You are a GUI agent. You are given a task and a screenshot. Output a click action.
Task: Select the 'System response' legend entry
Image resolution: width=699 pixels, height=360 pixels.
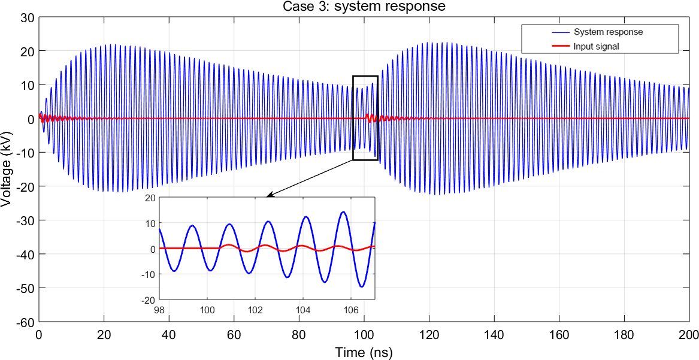[x=607, y=32]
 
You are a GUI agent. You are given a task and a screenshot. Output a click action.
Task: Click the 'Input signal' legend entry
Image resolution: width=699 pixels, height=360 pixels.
[x=595, y=46]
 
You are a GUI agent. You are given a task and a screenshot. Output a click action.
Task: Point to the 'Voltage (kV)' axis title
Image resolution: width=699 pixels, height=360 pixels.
[x=7, y=170]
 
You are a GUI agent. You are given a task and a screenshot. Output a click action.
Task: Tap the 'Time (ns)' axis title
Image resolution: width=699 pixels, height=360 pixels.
[x=364, y=352]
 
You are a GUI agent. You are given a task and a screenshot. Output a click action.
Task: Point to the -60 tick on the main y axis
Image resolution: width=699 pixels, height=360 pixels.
[x=25, y=322]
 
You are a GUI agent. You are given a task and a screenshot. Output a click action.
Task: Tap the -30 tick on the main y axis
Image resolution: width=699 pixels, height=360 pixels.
[x=25, y=221]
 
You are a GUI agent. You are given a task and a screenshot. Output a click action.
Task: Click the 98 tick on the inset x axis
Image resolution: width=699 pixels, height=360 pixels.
[x=159, y=310]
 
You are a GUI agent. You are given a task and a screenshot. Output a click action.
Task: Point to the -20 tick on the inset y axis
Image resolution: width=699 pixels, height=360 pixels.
[x=149, y=300]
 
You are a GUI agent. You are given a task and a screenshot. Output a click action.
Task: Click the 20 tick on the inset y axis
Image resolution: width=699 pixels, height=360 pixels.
[x=150, y=198]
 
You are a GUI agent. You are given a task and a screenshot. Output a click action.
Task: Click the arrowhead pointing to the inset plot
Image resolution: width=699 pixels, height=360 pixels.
[x=269, y=195]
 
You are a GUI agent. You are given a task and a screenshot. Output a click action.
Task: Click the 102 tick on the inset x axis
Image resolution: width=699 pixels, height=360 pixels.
[x=255, y=310]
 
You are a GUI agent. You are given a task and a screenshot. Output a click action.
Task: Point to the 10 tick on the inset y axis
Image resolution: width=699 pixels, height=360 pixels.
[x=150, y=223]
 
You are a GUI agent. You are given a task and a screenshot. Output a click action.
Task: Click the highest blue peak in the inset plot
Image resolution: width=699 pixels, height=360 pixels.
[x=343, y=211]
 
